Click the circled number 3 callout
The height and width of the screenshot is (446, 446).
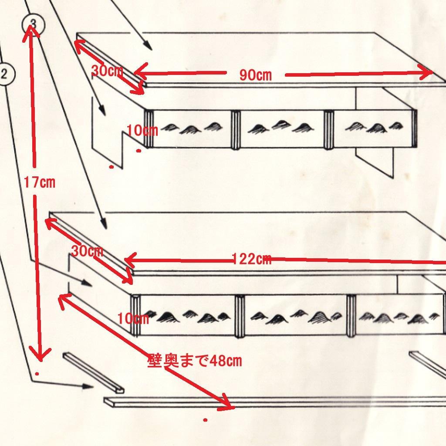pos(33,25)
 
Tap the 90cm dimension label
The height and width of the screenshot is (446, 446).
pos(255,75)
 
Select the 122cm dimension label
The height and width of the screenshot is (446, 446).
pos(251,259)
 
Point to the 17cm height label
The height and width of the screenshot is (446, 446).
pos(39,182)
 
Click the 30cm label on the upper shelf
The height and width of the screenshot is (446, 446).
pos(107,71)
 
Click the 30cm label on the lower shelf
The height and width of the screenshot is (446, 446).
pos(87,251)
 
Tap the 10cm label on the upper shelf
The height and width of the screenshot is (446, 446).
pos(142,131)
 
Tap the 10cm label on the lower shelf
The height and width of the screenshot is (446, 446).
pos(133,318)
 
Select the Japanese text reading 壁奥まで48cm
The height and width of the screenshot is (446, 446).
pos(195,361)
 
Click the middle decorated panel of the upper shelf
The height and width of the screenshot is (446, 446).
pos(282,129)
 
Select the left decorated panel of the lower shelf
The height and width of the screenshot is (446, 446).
pos(187,315)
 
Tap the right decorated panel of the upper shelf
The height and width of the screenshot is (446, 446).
pos(373,128)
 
